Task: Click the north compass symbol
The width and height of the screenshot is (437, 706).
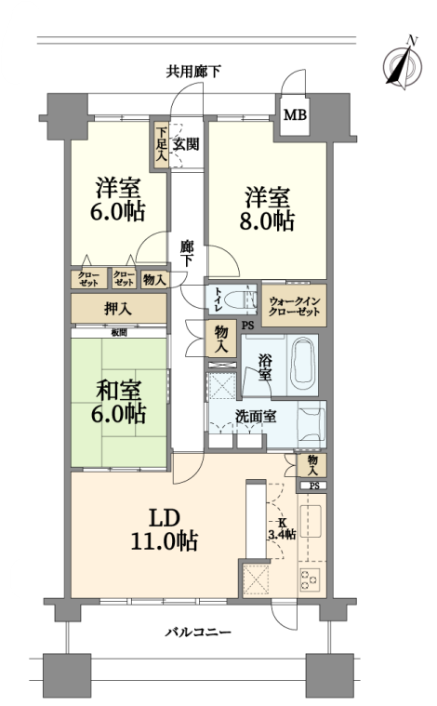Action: [x=403, y=63]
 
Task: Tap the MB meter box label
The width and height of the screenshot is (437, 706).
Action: [x=295, y=115]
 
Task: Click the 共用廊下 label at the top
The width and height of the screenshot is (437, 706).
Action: [x=193, y=72]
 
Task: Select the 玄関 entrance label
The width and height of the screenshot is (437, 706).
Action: [x=186, y=144]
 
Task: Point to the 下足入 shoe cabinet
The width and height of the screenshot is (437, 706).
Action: [x=161, y=145]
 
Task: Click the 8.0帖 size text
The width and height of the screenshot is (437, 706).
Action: [x=267, y=221]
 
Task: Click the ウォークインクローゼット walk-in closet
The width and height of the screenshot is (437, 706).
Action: [x=295, y=305]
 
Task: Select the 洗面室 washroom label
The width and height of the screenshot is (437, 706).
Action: [x=256, y=417]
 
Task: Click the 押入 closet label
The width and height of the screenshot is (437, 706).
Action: [x=118, y=309]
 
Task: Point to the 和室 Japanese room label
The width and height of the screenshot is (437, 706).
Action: [x=118, y=390]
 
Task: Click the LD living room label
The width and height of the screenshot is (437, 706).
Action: [x=165, y=518]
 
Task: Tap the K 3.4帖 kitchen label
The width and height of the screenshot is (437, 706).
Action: [x=282, y=528]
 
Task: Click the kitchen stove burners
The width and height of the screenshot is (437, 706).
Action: [x=310, y=580]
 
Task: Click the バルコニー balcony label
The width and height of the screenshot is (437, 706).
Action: [x=198, y=633]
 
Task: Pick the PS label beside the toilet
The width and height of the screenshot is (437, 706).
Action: [x=247, y=325]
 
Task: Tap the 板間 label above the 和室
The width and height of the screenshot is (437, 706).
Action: [x=119, y=333]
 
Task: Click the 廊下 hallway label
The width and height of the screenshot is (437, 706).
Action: [x=186, y=254]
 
